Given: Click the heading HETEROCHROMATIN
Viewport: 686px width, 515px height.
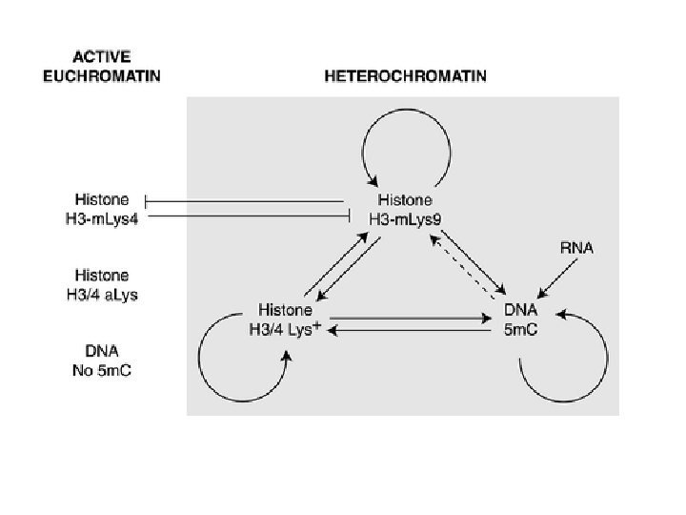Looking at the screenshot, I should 405,76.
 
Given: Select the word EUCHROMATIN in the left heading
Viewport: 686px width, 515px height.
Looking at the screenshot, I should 102,76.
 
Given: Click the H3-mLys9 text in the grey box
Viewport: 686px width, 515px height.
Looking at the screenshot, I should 405,216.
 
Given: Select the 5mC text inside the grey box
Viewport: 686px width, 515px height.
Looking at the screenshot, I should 523,326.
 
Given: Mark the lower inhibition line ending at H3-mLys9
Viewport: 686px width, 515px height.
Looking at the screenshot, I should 248,216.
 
